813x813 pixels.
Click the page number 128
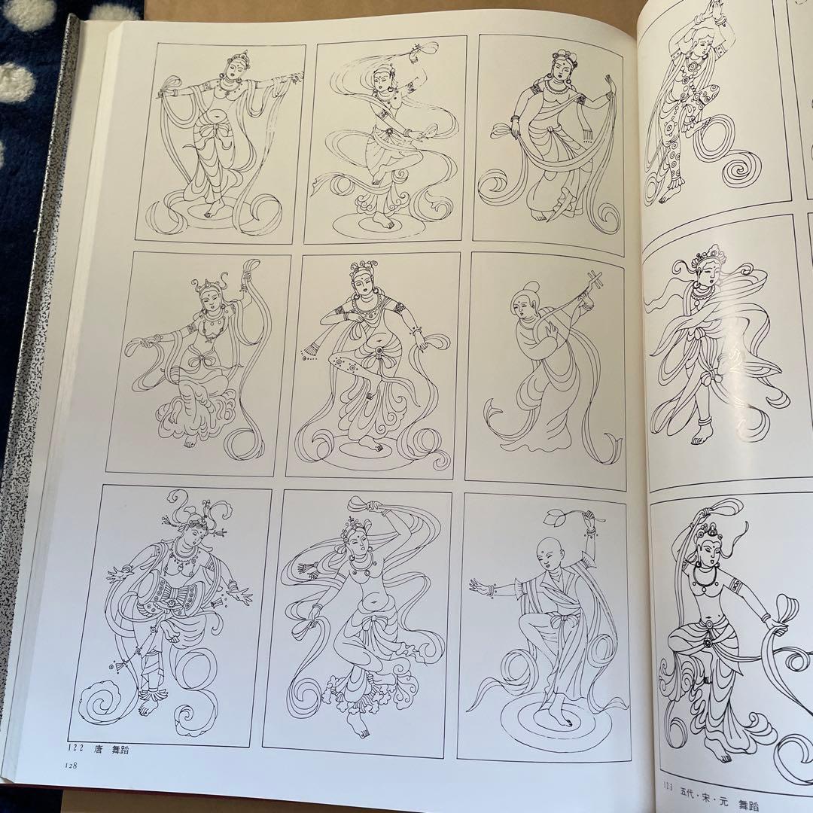pyautogui.click(x=71, y=766)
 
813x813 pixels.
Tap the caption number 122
pyautogui.click(x=75, y=748)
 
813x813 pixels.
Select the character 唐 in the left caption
pyautogui.click(x=97, y=749)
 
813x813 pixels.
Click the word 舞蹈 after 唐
pyautogui.click(x=120, y=750)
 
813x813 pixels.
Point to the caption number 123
pyautogui.click(x=667, y=800)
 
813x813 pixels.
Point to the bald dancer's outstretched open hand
pyautogui.click(x=480, y=586)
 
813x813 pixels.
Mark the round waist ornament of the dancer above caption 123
pyautogui.click(x=706, y=642)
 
